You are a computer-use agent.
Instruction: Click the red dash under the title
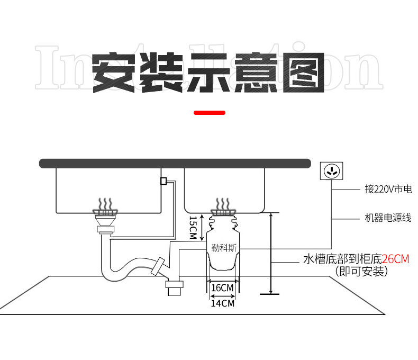coord(210,113)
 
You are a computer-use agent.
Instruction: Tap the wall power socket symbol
coord(331,171)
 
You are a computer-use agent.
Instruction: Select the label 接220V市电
coord(388,190)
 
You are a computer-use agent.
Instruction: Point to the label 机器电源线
coord(388,218)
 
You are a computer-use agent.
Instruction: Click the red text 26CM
coord(396,259)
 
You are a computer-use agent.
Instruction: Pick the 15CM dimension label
coord(193,227)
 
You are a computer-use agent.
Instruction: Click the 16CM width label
coord(223,288)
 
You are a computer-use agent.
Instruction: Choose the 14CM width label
coord(223,303)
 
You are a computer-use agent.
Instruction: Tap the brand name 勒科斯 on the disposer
coord(224,248)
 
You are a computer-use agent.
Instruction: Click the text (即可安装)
coord(361,272)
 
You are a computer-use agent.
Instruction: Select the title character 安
coord(114,73)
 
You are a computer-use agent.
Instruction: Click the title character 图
coord(304,73)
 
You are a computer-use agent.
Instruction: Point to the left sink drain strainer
coord(105,212)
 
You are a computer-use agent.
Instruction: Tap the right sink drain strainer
coord(223,212)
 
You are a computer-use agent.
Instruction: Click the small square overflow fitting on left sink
coord(163,181)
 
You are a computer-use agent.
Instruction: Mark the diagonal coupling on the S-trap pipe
coord(158,266)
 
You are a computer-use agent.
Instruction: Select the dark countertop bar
coord(175,164)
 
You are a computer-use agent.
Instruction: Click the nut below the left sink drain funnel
coord(106,230)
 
